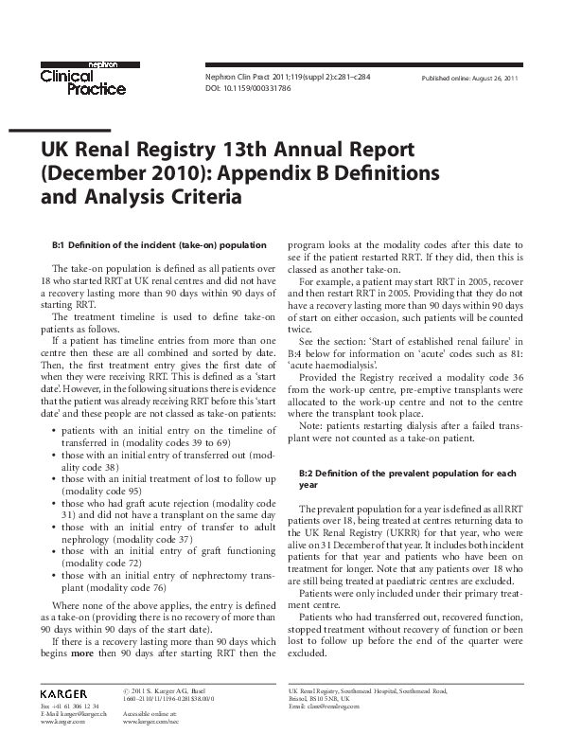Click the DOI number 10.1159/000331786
click(x=248, y=88)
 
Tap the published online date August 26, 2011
click(x=469, y=77)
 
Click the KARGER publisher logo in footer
click(x=64, y=693)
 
